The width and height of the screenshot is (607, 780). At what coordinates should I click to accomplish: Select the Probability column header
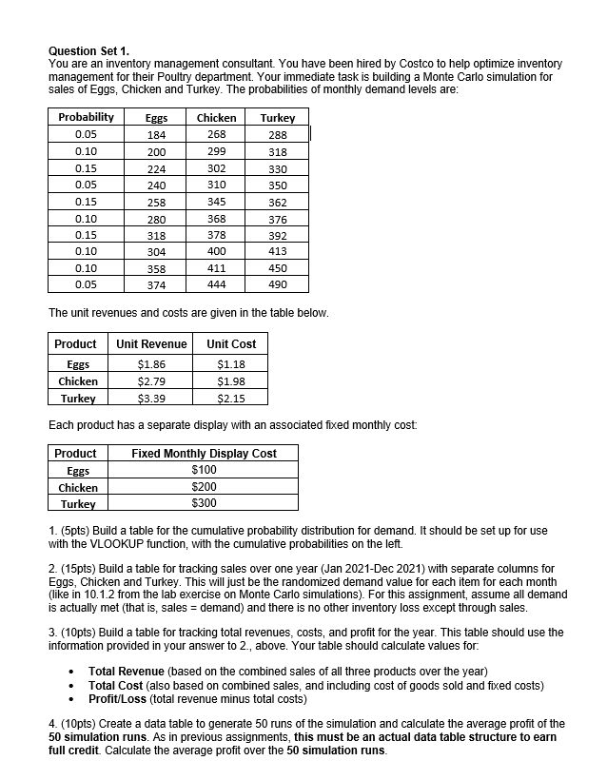(86, 117)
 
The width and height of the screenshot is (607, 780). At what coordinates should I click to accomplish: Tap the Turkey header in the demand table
(277, 118)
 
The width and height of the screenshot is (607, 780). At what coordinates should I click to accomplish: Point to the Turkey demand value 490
(277, 284)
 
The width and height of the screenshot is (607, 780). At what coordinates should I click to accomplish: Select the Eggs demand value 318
(156, 235)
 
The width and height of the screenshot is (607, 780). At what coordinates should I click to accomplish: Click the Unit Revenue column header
(151, 343)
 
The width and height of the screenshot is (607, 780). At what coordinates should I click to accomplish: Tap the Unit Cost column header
(230, 343)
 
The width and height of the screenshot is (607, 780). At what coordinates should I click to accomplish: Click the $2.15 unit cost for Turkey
(230, 398)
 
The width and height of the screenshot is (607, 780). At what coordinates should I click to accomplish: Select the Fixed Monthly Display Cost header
(204, 454)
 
